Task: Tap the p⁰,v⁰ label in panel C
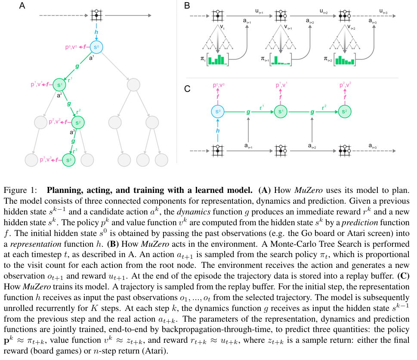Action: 218,86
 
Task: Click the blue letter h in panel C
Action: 218,131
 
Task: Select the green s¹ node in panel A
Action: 59,85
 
